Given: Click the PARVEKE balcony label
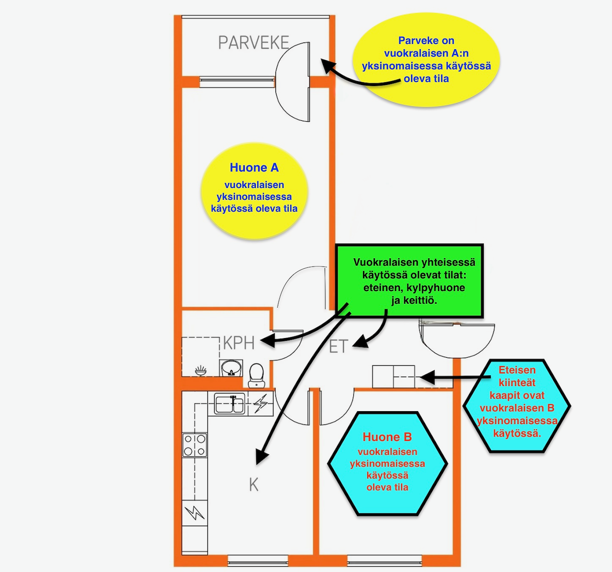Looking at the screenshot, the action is (253, 42).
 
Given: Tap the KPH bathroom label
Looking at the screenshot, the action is (239, 343).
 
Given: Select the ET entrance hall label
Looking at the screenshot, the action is (339, 346).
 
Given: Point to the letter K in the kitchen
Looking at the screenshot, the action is (253, 485).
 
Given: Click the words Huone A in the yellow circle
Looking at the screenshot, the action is (254, 168).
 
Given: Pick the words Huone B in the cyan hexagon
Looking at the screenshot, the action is (387, 437).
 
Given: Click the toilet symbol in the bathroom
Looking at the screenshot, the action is (256, 375).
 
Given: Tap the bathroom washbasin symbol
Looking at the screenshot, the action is (231, 368).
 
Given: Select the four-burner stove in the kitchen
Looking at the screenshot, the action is (195, 445).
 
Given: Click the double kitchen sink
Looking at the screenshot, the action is (230, 403).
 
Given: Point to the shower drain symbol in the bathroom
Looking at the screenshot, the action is (201, 371).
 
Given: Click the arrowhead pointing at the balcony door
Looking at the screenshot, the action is (328, 65).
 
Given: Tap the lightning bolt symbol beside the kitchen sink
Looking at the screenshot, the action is (261, 403).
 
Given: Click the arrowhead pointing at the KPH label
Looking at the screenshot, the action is (267, 340).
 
